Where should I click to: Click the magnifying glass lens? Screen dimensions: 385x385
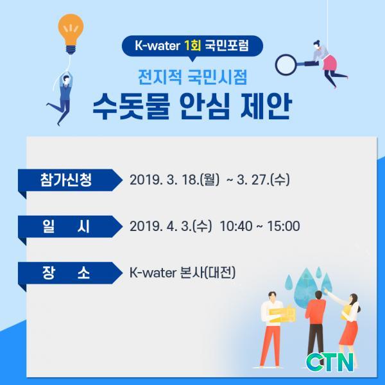(286, 64)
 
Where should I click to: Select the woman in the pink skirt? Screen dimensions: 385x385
(328, 64)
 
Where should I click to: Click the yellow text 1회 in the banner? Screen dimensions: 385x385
(193, 46)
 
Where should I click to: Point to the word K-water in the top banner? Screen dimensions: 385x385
(157, 46)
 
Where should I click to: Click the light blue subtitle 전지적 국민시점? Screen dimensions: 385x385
(193, 76)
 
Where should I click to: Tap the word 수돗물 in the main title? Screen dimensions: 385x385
(132, 106)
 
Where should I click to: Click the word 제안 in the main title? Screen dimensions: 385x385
(266, 106)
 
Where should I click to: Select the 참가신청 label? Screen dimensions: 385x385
(66, 180)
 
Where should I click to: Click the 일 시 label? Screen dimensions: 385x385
(66, 227)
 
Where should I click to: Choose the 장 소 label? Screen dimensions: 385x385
(66, 273)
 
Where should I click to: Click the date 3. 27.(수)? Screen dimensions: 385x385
(263, 180)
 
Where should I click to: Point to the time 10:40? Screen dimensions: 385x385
(235, 226)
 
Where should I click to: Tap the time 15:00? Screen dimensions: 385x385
(284, 226)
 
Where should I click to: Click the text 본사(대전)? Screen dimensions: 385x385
(207, 273)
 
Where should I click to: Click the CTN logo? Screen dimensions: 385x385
(330, 362)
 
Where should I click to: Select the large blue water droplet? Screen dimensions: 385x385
(305, 287)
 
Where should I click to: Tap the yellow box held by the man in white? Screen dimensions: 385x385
(282, 314)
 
